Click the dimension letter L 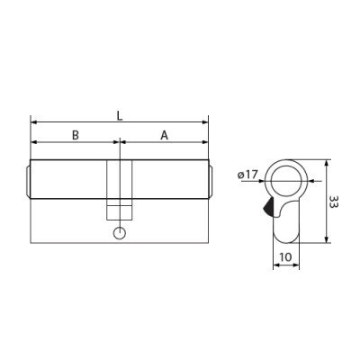click(120, 115)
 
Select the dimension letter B click(76, 135)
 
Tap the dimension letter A click(164, 135)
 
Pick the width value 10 click(285, 257)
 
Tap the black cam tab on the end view click(268, 209)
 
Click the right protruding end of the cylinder click(211, 180)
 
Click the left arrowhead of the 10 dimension click(274, 267)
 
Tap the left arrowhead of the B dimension click(34, 142)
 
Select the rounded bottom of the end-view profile click(285, 238)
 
